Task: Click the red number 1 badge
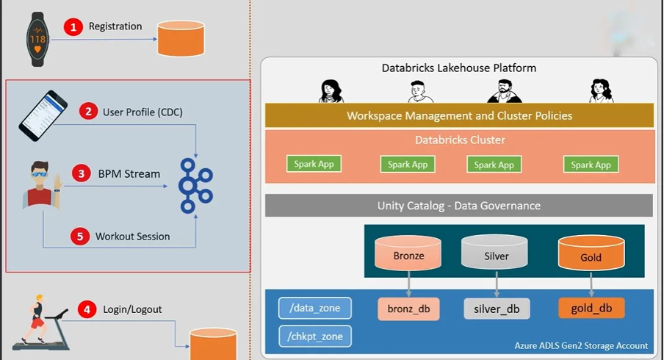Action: click(73, 27)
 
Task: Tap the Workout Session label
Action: click(132, 237)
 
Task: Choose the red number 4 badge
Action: click(87, 309)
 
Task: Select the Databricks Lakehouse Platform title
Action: click(458, 68)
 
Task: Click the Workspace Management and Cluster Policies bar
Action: click(459, 116)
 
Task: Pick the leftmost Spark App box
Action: click(314, 165)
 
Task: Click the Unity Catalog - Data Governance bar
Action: click(459, 206)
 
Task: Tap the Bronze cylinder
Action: click(408, 255)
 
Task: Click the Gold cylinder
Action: click(591, 255)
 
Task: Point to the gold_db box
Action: click(591, 308)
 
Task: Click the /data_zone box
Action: click(315, 309)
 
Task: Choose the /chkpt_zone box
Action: click(315, 336)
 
